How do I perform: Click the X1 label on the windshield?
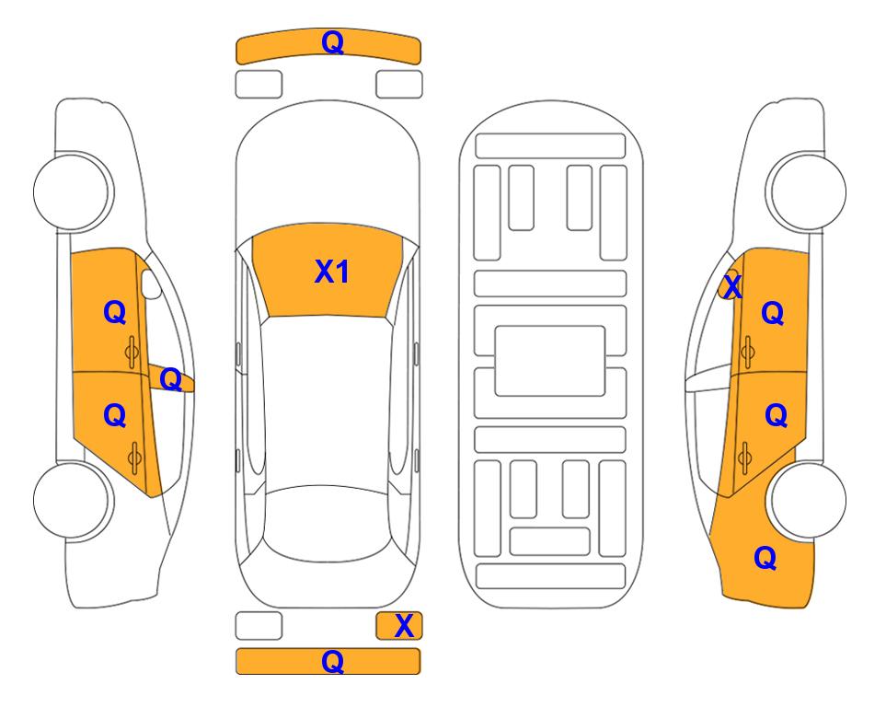coord(332,272)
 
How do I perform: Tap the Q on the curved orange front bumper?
coord(332,42)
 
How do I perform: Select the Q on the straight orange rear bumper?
coord(332,661)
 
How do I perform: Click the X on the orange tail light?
coord(404,626)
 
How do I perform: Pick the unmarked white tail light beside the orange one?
coord(259,626)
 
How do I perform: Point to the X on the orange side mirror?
coord(732,286)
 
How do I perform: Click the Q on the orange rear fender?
coord(765,558)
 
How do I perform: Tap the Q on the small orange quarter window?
coord(170,379)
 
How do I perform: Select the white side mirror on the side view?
coord(150,284)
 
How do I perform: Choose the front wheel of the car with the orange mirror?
coord(806,191)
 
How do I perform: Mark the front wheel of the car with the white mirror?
coord(74,191)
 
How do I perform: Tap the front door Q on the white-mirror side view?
coord(115,312)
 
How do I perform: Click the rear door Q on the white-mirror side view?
coord(115,416)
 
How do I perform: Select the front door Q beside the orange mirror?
coord(773,313)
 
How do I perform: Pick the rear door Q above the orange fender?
coord(776,416)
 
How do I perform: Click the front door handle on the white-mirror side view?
coord(132,352)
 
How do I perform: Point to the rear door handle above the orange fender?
coord(744,458)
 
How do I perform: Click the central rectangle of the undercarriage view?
coord(550,361)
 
